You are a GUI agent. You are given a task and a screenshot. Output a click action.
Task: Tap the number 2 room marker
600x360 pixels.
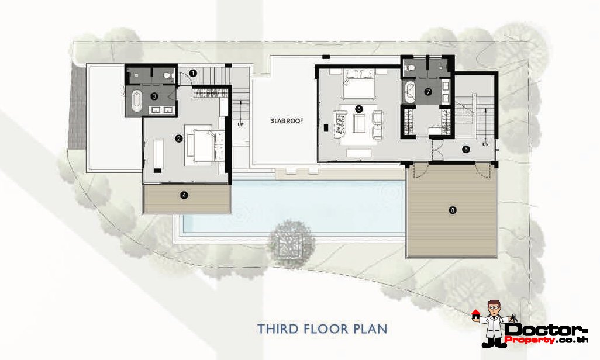coord(178,139)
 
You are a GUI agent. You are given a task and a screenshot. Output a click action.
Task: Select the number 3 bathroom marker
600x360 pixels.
coord(154,96)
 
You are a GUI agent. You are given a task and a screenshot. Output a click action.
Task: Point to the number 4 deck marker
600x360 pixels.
coord(184,196)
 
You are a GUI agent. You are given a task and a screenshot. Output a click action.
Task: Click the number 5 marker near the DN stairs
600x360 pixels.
coord(466,149)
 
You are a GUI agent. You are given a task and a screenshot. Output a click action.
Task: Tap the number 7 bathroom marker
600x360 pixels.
coord(428,92)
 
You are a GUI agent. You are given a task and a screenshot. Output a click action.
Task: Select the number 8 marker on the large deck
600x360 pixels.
coord(451,210)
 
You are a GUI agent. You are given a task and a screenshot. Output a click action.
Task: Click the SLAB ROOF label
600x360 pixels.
coord(283,122)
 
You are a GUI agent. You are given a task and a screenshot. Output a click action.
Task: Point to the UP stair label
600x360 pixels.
coord(240,124)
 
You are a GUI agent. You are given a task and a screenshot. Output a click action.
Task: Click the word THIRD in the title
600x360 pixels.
coord(279,329)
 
